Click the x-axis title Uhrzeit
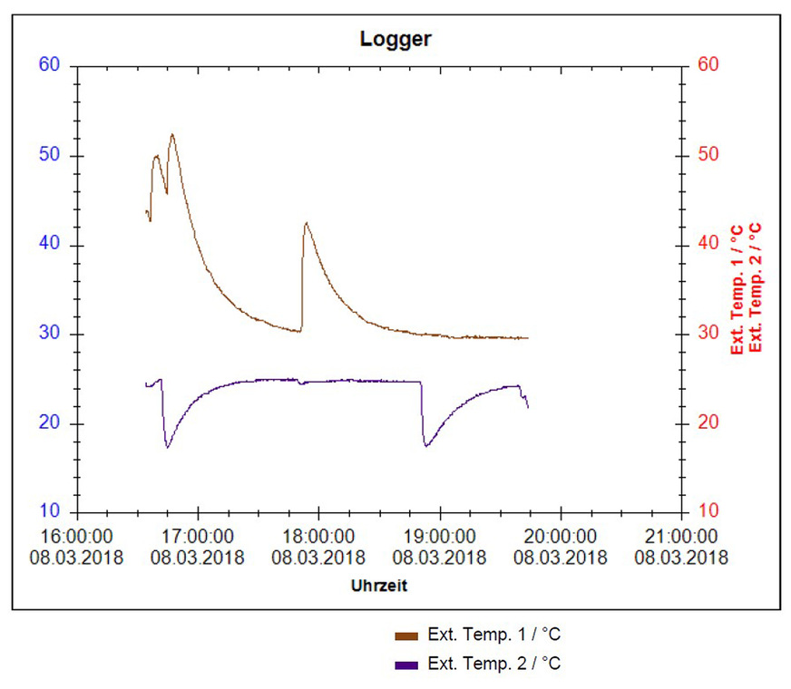[x=379, y=586]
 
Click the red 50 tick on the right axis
[x=708, y=155]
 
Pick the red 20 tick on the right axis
[x=708, y=423]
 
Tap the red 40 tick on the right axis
[x=708, y=245]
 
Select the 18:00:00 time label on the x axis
[x=318, y=538]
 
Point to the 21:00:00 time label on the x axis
[x=681, y=538]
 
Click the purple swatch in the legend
[x=406, y=665]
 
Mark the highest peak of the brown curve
[x=171, y=135]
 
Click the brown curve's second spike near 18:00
[x=307, y=223]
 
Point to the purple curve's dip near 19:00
[x=426, y=445]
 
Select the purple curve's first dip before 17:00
[x=167, y=447]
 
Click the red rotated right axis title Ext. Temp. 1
[x=737, y=290]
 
